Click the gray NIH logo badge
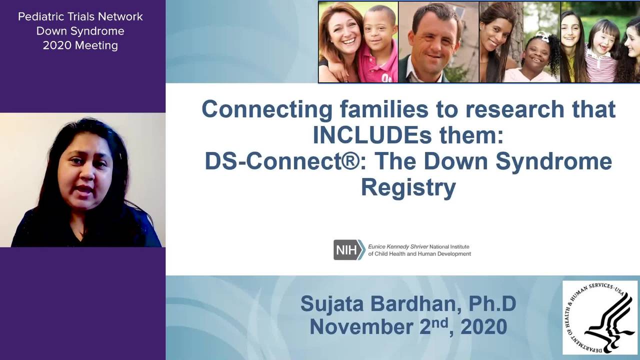pyautogui.click(x=349, y=249)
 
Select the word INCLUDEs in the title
pyautogui.click(x=372, y=135)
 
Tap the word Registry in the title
pyautogui.click(x=408, y=187)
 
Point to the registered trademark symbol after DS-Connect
pyautogui.click(x=350, y=161)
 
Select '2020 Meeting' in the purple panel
pyautogui.click(x=80, y=45)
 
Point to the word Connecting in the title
pyautogui.click(x=267, y=109)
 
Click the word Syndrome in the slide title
pyautogui.click(x=553, y=161)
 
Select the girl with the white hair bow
pyautogui.click(x=537, y=57)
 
